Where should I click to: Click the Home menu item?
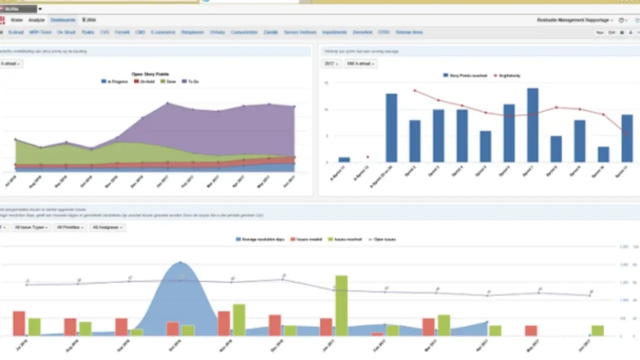(17, 20)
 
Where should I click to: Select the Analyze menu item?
(37, 20)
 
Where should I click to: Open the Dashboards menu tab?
(63, 20)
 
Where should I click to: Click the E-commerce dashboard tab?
(163, 33)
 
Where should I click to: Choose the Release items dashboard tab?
(409, 33)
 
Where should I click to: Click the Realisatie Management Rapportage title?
(573, 20)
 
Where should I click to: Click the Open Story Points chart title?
(150, 75)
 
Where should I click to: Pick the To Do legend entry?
(190, 82)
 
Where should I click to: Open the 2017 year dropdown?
(331, 63)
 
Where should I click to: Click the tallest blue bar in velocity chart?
(532, 125)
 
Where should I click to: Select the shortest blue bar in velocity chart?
(344, 160)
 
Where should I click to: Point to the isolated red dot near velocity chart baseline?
(368, 157)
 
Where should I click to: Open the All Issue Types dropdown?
(31, 228)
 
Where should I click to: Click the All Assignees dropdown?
(108, 228)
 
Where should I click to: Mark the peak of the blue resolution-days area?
(180, 262)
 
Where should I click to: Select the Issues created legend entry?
(306, 239)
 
